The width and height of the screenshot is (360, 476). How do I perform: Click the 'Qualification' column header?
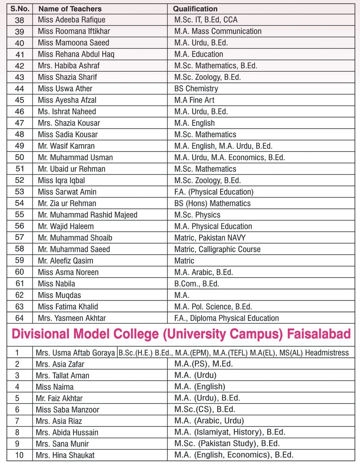pos(196,8)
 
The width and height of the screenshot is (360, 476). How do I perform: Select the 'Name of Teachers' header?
pos(70,8)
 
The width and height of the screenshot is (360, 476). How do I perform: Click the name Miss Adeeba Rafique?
pos(72,19)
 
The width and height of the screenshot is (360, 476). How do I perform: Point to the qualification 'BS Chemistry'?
pos(196,88)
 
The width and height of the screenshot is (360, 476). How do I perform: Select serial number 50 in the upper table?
pos(19,157)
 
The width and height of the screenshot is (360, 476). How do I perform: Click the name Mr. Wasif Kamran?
pos(66,146)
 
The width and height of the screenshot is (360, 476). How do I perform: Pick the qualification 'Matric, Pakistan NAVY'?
pos(210,238)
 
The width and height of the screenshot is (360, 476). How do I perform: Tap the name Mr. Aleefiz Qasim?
pos(65,261)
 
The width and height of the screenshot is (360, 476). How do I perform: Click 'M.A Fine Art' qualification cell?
pos(194,100)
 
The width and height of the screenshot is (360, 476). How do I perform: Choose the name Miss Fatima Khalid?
pos(68,307)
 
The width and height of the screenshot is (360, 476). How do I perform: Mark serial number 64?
pos(19,318)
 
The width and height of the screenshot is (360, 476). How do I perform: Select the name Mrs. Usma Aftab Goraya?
pos(75,353)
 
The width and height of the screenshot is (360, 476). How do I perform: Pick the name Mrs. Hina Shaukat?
pos(65,455)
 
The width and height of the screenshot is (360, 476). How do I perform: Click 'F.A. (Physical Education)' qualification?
pos(214,192)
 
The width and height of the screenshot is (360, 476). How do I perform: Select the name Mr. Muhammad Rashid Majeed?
pos(87,215)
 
